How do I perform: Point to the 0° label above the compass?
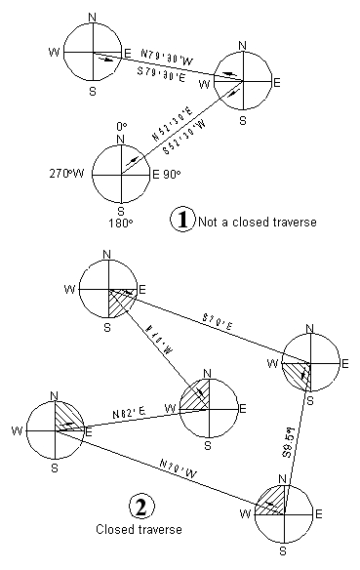(x=121, y=127)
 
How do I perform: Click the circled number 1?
(x=181, y=220)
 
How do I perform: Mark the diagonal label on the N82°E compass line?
(x=158, y=341)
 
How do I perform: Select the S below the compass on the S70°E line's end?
(x=309, y=401)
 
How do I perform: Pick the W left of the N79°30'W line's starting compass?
(x=55, y=46)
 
